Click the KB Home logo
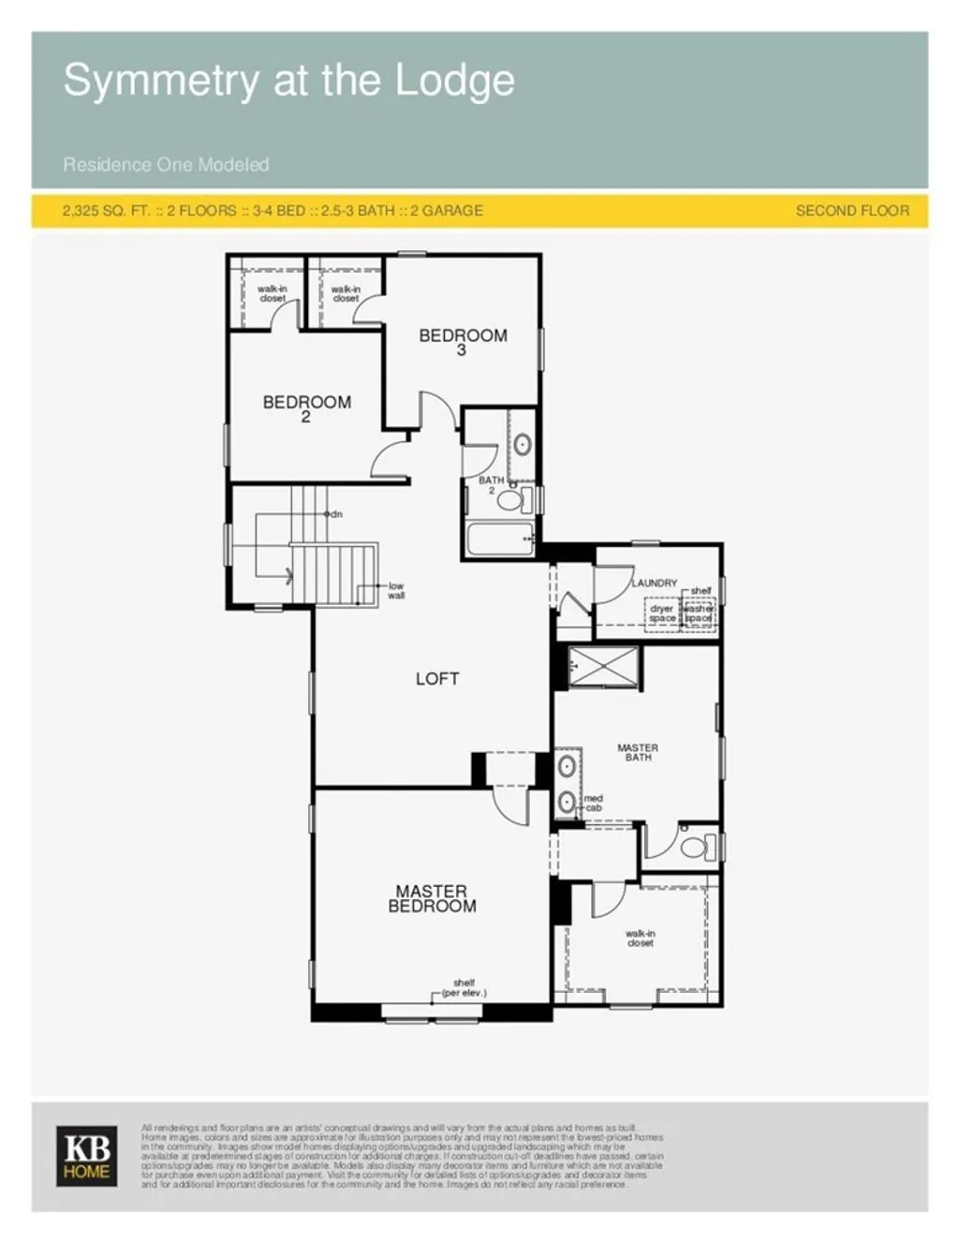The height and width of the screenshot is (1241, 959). [87, 1156]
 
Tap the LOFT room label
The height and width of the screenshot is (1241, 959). [437, 678]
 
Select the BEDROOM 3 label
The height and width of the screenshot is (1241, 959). [463, 341]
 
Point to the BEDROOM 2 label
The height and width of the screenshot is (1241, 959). [306, 408]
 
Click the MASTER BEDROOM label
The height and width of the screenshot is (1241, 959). [432, 898]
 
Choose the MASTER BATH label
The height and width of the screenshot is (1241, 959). [638, 752]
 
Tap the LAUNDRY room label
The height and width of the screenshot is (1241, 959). [655, 583]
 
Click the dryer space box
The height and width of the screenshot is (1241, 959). [662, 614]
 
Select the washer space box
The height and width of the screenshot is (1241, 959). [699, 614]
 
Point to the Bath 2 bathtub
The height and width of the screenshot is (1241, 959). [498, 539]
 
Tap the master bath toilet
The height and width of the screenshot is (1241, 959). [696, 848]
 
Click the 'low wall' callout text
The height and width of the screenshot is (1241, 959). [396, 590]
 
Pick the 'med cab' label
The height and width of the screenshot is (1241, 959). [594, 803]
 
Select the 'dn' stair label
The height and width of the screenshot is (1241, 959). [335, 514]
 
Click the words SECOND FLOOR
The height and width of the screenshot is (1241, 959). [852, 211]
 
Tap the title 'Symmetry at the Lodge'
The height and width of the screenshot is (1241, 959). [288, 81]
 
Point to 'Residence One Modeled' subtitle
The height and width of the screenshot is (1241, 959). [166, 165]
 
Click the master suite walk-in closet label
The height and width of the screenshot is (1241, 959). [641, 938]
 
